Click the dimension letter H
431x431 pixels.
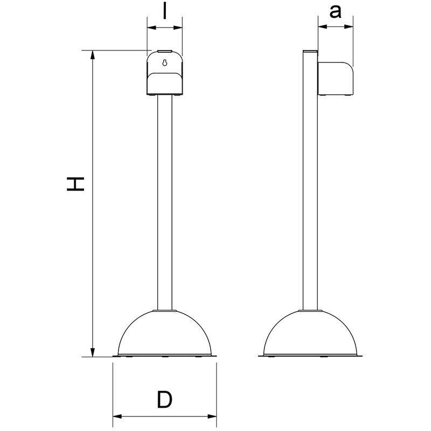75,184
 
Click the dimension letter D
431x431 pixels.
164,400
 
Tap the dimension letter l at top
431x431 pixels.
165,11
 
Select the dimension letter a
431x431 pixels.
336,12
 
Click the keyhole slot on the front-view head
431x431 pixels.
165,62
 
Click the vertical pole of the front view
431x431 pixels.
165,205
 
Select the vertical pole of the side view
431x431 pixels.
310,205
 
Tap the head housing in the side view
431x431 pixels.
335,79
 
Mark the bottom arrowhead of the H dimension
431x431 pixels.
93,352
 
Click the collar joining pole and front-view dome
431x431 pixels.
165,311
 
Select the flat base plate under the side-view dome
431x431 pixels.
311,356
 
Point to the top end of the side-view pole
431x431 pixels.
310,52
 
